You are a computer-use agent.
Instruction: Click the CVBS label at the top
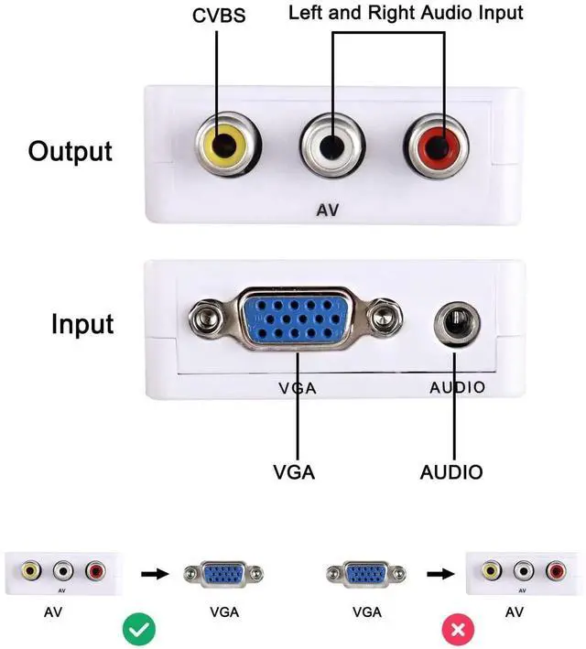click(x=219, y=16)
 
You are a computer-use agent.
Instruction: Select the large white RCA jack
click(x=332, y=146)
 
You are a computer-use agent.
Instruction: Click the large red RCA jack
click(x=436, y=146)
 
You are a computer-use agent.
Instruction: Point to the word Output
click(x=70, y=152)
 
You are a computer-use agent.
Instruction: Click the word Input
click(x=82, y=324)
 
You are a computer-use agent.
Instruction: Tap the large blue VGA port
click(x=295, y=319)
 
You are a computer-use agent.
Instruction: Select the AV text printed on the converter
click(x=327, y=211)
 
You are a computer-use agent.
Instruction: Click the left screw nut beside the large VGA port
click(x=206, y=319)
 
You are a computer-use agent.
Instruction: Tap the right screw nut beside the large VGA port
click(x=385, y=317)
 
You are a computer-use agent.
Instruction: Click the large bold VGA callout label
click(x=294, y=472)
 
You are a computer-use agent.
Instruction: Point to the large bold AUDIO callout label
click(x=451, y=472)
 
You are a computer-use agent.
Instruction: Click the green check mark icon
click(x=139, y=630)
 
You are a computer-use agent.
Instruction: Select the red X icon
click(x=458, y=630)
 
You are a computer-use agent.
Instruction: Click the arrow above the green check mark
click(x=155, y=574)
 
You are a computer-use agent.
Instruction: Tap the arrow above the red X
click(x=440, y=574)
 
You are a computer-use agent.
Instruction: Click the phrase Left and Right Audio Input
click(x=406, y=13)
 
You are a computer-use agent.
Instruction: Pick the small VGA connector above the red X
click(x=366, y=574)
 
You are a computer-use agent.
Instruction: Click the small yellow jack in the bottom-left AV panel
click(x=31, y=571)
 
